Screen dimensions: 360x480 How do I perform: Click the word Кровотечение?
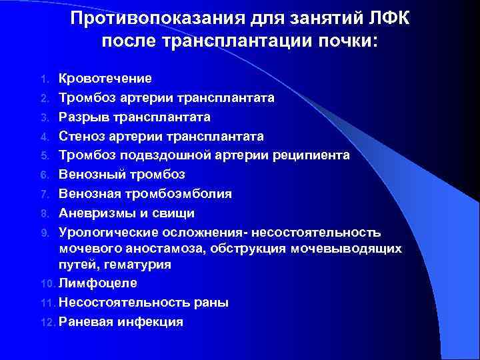click(105, 79)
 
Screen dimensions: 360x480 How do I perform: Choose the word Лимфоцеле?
click(98, 283)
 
